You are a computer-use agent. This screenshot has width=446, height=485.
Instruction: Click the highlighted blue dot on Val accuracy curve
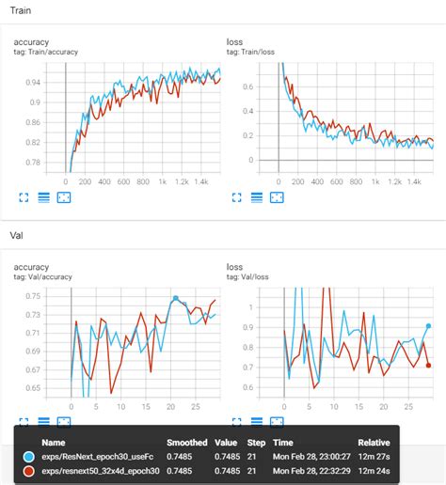pos(175,299)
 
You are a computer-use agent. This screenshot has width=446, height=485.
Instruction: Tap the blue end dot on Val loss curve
pos(429,326)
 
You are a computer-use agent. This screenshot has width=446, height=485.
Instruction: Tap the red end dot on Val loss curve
pos(429,366)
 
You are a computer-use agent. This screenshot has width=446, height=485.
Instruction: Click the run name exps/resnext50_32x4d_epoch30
pos(103,470)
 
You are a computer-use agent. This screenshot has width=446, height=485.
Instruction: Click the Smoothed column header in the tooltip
pos(187,439)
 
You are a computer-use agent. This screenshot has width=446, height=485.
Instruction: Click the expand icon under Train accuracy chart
pos(25,197)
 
